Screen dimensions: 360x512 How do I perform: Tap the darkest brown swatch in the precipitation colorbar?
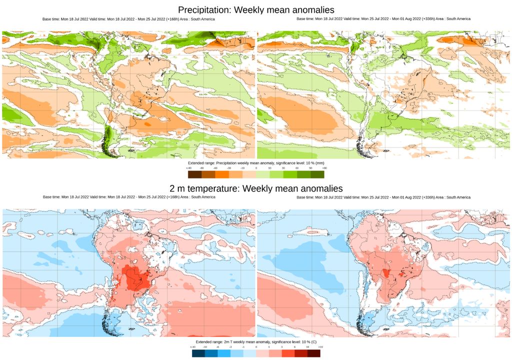pos(194,174)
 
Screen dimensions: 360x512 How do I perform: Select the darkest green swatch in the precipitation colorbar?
pos(317,174)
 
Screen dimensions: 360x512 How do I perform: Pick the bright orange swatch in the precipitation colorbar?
pos(222,174)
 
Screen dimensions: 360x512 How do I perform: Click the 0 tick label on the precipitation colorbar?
pos(256,168)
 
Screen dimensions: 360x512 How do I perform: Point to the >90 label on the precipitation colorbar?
pos(324,168)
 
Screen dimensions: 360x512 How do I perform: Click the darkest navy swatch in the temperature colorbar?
pos(198,353)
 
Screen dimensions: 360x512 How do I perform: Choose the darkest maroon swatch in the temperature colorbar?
pos(313,353)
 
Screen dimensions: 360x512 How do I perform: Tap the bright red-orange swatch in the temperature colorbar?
pos(288,353)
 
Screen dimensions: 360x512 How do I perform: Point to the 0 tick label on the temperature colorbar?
pos(256,346)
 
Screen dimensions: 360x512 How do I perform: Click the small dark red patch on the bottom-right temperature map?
pos(386,273)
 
